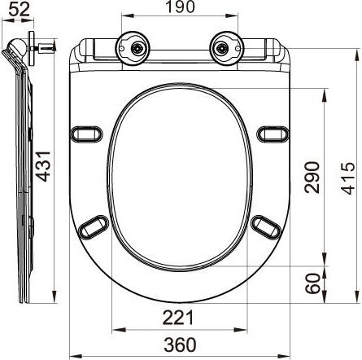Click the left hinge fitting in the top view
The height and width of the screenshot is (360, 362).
133,47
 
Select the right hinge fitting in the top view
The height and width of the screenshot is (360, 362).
225,47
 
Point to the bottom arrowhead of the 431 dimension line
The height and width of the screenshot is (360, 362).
55,301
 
